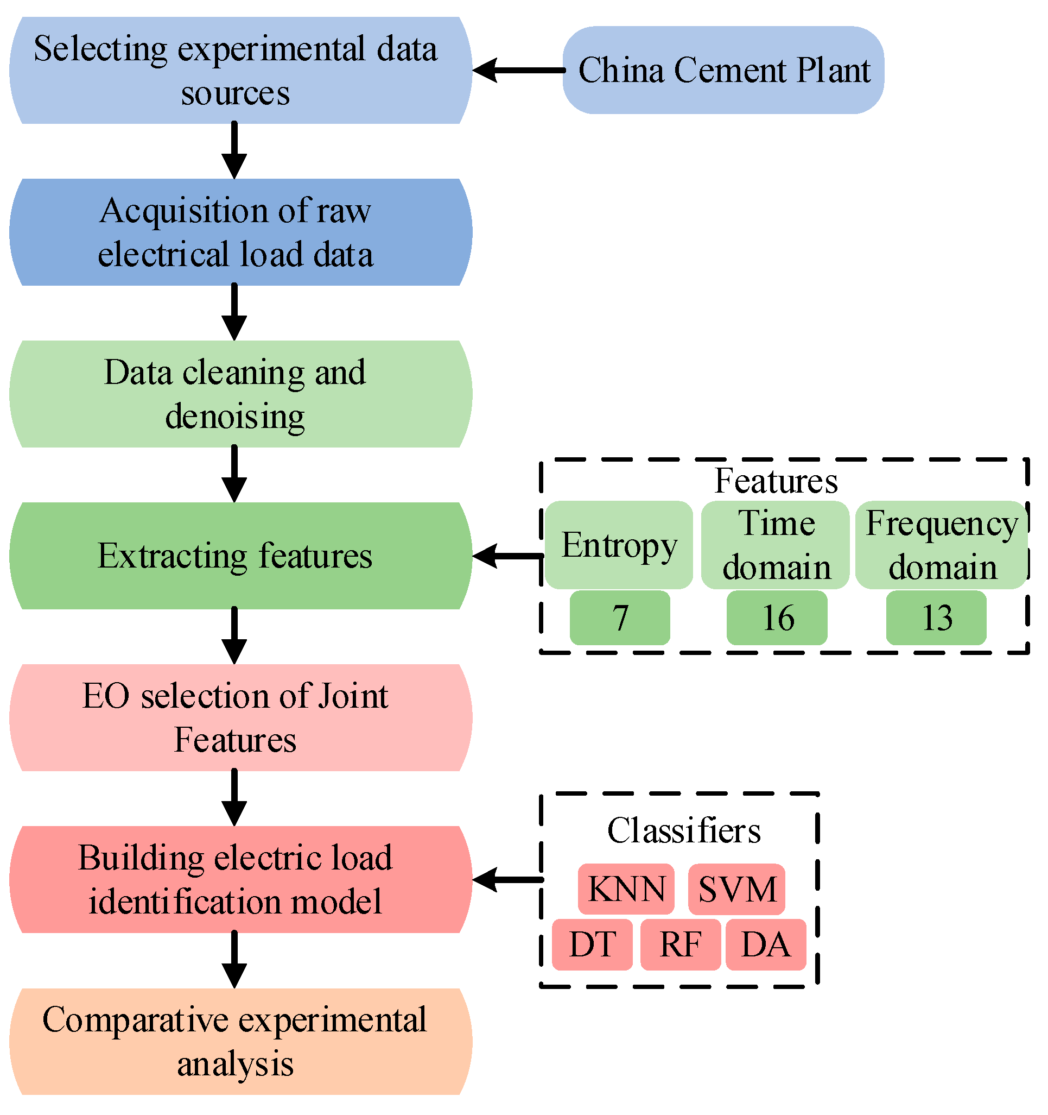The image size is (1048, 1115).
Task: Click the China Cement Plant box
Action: pos(723,70)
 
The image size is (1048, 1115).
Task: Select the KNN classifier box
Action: pos(626,889)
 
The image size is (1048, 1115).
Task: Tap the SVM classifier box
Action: pos(736,889)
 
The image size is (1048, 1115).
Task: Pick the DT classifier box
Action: pos(592,944)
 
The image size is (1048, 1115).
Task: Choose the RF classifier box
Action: pos(681,944)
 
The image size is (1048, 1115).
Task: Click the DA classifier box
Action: pos(766,944)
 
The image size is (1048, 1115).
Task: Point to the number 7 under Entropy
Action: pos(620,618)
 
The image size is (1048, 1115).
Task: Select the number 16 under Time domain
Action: pos(777,618)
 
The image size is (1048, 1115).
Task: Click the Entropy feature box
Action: pos(619,545)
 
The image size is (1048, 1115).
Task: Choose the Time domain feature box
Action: pos(776,545)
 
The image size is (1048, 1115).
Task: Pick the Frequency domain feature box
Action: pos(942,545)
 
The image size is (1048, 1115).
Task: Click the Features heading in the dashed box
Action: pos(776,481)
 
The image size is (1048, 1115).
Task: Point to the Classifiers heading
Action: pos(684,830)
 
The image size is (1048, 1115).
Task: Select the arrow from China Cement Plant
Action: pos(518,70)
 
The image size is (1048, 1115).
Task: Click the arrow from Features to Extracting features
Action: pos(508,556)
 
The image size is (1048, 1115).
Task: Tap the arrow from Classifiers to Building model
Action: pos(508,880)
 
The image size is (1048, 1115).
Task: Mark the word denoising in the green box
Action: pos(235,416)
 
